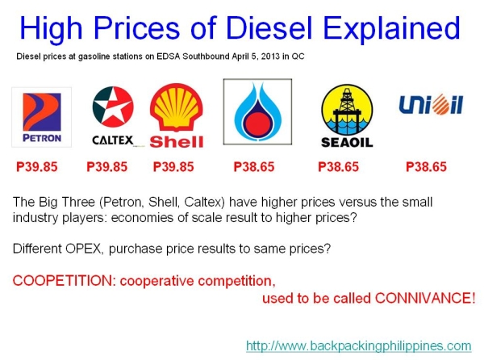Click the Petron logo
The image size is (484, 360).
tap(41, 118)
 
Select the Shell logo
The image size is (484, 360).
tap(177, 118)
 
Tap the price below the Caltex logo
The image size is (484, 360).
tap(106, 167)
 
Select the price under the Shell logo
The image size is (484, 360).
tap(173, 167)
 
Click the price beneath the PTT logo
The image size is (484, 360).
tap(254, 167)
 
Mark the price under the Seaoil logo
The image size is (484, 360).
tap(339, 167)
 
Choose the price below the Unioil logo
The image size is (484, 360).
tap(426, 167)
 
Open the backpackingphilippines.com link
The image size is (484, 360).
tap(358, 345)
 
